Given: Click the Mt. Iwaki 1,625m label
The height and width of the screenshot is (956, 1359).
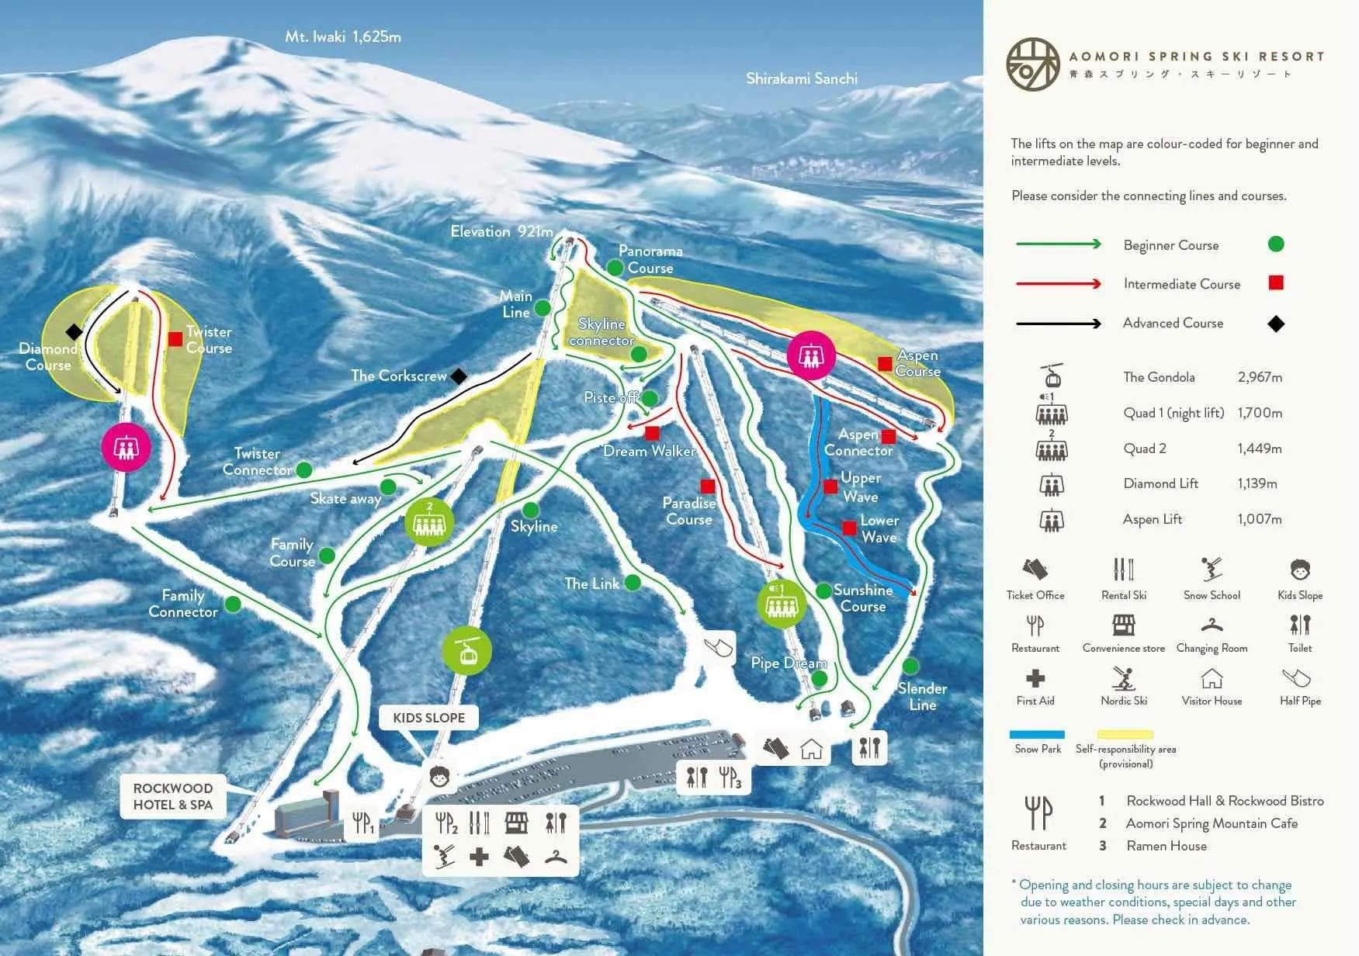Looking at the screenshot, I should click(342, 36).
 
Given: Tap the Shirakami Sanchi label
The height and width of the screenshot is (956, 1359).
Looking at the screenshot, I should click(801, 78).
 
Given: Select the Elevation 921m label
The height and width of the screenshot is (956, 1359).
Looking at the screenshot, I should click(501, 231).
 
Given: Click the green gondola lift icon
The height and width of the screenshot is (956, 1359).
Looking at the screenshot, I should click(467, 651).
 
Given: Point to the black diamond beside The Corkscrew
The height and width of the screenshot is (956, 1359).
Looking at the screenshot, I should click(459, 376).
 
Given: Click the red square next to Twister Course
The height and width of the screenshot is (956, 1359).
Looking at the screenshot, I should click(175, 339).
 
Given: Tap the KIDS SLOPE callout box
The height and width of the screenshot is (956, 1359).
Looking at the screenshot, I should click(428, 718).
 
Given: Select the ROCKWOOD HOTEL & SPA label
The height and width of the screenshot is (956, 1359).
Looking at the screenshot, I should click(172, 796).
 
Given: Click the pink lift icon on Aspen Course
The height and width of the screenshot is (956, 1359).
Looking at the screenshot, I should click(811, 356).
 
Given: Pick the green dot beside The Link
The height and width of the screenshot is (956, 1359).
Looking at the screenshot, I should click(633, 582).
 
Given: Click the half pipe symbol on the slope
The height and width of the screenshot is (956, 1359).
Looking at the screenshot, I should click(719, 646).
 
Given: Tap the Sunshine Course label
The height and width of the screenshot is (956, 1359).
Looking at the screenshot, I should click(862, 598).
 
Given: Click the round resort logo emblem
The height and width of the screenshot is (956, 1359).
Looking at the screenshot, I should click(1033, 64).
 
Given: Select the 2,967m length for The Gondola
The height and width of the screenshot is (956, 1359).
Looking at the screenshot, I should click(1259, 377).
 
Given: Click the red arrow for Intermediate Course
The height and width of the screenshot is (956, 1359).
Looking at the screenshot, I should click(1058, 284).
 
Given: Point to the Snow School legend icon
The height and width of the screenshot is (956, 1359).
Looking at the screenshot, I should click(1211, 570).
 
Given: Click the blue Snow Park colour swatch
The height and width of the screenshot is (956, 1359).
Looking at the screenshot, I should click(1037, 734).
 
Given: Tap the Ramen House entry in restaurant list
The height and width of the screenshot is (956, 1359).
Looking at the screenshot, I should click(1166, 846).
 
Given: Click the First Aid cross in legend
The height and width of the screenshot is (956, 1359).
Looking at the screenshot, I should click(1035, 678).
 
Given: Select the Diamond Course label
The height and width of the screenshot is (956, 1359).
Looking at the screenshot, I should click(48, 357).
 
